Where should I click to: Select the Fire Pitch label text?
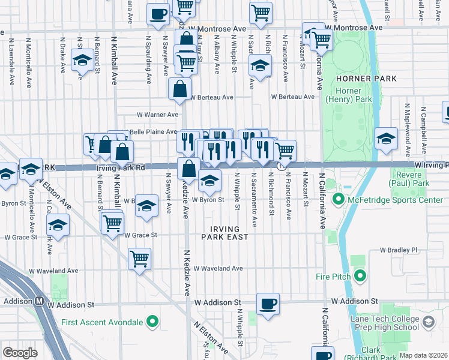[x=331, y=277]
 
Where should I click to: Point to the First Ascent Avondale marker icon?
[x=152, y=322]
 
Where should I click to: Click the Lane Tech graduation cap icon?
[x=428, y=322]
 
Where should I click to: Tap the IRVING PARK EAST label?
[x=225, y=233]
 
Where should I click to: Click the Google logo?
[x=20, y=353]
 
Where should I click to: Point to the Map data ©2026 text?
[x=423, y=355]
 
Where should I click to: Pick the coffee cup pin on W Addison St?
[x=268, y=303]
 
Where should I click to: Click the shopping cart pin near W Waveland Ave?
[x=139, y=259]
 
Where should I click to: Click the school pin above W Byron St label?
[x=209, y=179]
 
